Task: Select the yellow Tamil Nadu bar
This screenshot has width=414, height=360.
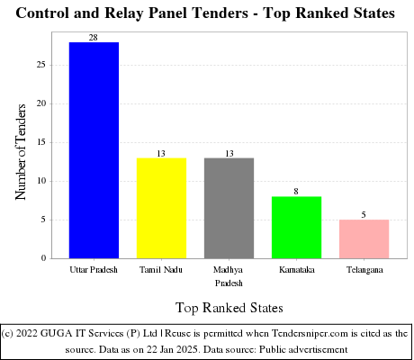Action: click(161, 208)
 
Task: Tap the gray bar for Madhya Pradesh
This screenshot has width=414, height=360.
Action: click(229, 208)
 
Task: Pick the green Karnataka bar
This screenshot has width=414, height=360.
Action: click(296, 227)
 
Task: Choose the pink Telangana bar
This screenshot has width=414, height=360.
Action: click(364, 238)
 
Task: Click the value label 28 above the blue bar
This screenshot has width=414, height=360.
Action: click(94, 37)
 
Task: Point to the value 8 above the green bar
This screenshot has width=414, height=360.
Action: click(296, 192)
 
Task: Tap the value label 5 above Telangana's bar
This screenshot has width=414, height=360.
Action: click(364, 214)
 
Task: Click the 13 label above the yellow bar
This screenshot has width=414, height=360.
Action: click(161, 153)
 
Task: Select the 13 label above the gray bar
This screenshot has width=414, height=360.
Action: click(229, 153)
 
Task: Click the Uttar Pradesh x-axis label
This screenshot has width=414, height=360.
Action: click(94, 270)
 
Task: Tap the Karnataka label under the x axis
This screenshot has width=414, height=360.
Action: click(296, 270)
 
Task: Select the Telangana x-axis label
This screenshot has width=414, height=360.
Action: click(364, 270)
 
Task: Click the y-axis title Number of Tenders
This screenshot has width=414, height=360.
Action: click(22, 150)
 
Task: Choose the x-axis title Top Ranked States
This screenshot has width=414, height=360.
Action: click(229, 307)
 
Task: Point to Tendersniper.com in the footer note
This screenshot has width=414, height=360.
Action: click(308, 332)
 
